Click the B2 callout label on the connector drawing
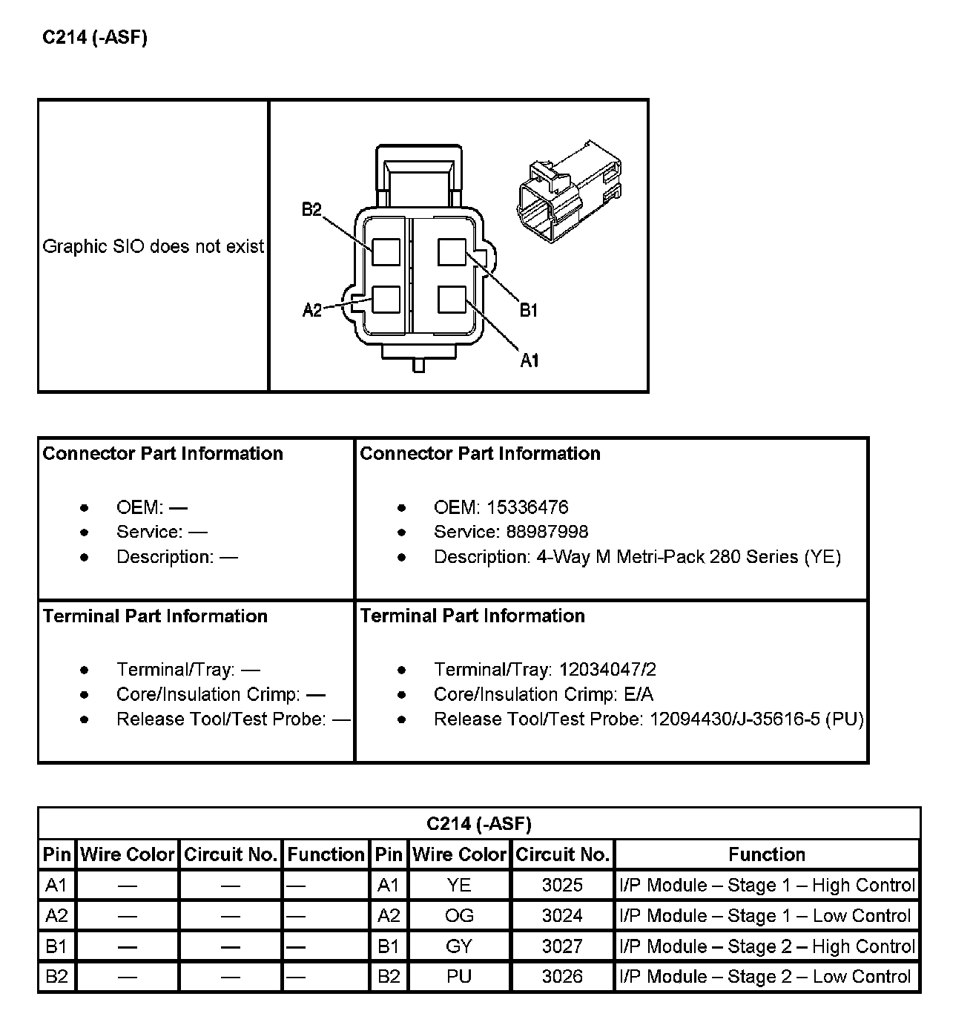[x=311, y=210]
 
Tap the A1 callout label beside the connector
[x=530, y=360]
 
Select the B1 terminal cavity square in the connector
[x=452, y=252]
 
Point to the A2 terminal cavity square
[x=386, y=300]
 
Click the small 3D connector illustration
[x=569, y=191]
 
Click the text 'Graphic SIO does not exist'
[x=154, y=246]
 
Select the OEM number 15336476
[x=527, y=507]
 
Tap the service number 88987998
[x=547, y=532]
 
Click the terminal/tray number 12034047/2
[x=607, y=670]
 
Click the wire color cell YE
[x=459, y=885]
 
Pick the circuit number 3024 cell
[x=562, y=916]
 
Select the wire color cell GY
[x=459, y=946]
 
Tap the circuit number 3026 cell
[x=562, y=977]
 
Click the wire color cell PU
[x=459, y=977]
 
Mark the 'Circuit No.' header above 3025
[x=562, y=854]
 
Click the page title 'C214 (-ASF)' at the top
[x=95, y=38]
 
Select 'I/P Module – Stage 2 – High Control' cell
[x=767, y=946]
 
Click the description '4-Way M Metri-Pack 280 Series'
[x=667, y=557]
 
